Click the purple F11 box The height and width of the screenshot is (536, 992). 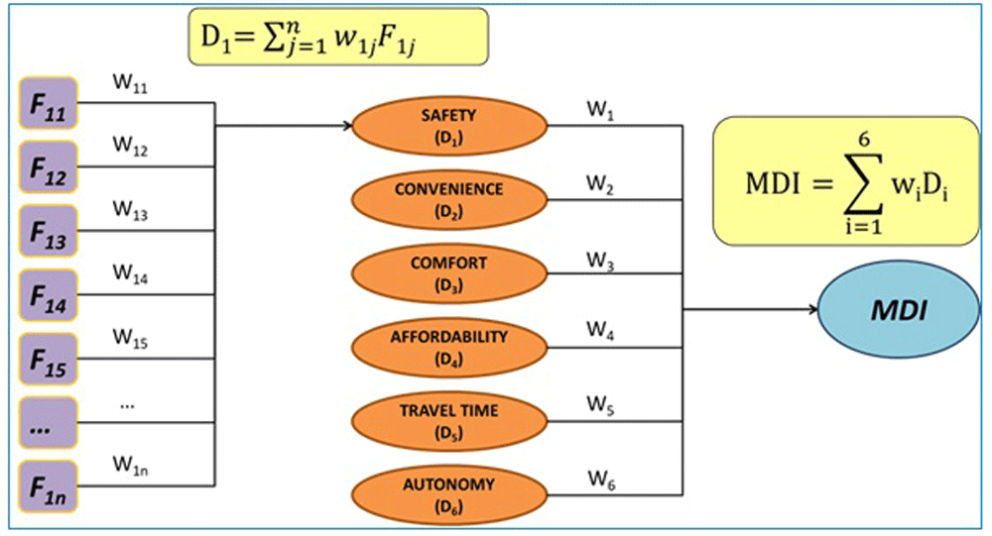click(x=48, y=103)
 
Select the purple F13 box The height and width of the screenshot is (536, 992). click(x=48, y=231)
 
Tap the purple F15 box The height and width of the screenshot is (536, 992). click(x=48, y=359)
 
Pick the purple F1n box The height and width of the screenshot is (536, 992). click(x=48, y=486)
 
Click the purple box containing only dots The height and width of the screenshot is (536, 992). click(x=48, y=423)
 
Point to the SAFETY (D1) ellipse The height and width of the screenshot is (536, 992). click(x=449, y=126)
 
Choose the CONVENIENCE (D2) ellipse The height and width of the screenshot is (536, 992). click(x=449, y=200)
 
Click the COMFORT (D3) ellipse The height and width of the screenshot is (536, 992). click(x=449, y=273)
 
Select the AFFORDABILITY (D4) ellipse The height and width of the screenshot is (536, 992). click(x=449, y=348)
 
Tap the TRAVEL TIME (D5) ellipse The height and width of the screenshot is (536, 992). click(x=449, y=422)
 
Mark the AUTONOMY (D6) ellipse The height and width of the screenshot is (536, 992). click(x=449, y=495)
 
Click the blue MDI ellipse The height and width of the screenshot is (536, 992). click(x=899, y=310)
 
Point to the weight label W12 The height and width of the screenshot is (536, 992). click(x=130, y=146)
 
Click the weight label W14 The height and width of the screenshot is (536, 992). click(x=130, y=273)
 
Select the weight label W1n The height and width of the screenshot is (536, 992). click(x=130, y=466)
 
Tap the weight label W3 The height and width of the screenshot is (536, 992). click(x=600, y=261)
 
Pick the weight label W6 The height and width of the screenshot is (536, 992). click(x=601, y=481)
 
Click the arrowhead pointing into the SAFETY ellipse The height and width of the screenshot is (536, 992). click(x=347, y=126)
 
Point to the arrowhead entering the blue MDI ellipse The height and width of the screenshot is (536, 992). click(x=813, y=309)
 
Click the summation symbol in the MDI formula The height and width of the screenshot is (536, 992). click(x=864, y=183)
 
